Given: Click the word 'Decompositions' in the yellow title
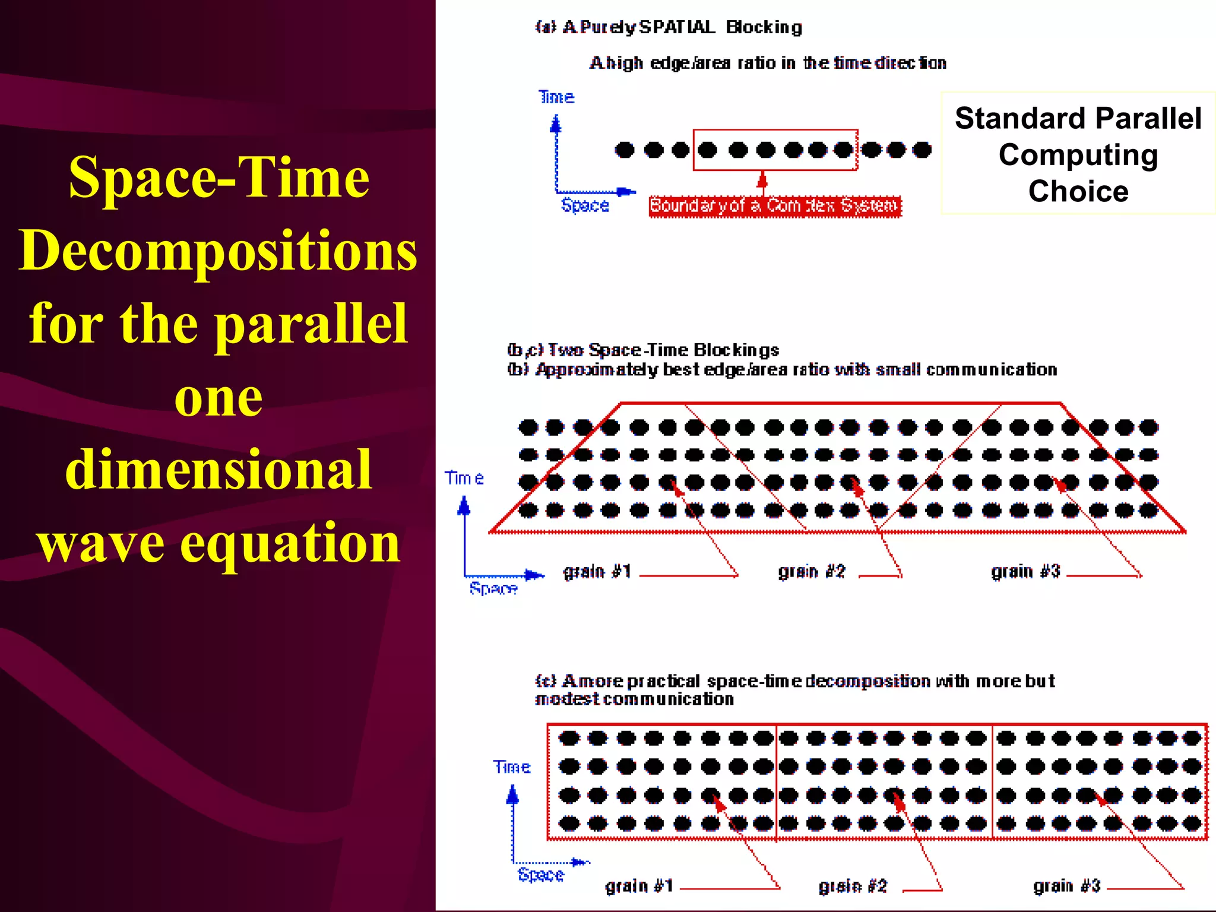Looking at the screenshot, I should tap(218, 251).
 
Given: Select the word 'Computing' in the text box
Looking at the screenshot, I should tap(1078, 155).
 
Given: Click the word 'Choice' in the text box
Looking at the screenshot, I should tap(1078, 191).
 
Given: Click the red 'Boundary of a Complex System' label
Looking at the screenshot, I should tap(774, 206).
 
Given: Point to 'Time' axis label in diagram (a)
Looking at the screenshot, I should tap(556, 97).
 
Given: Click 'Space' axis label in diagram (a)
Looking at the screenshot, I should tap(585, 205).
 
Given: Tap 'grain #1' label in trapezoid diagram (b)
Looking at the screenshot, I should tap(596, 572).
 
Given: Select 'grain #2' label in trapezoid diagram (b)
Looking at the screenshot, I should tap(811, 572).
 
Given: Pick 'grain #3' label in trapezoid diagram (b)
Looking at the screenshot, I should tap(1025, 572).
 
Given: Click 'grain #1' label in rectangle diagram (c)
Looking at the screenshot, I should tap(639, 886).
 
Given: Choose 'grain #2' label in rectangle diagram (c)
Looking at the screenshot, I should tap(853, 886).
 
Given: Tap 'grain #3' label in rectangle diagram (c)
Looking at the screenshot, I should tap(1067, 886).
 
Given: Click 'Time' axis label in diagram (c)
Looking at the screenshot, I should tap(512, 767).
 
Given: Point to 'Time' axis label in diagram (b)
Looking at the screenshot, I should tap(464, 478).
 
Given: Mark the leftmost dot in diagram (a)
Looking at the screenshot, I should tap(624, 150).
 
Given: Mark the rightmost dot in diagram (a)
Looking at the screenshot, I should tap(921, 150).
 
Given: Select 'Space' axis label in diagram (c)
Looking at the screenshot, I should tap(540, 875).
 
